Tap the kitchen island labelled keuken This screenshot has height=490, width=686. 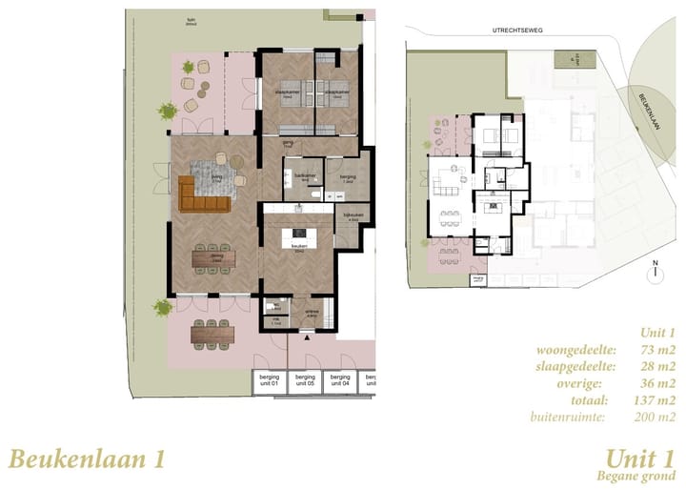click(299, 234)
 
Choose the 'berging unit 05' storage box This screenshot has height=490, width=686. click(304, 381)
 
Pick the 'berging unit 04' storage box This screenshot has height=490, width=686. click(339, 381)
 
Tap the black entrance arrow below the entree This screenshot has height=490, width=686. click(306, 337)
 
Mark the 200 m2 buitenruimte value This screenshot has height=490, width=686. click(654, 418)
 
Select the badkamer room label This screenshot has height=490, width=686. click(304, 177)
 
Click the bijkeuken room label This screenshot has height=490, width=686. click(353, 216)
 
